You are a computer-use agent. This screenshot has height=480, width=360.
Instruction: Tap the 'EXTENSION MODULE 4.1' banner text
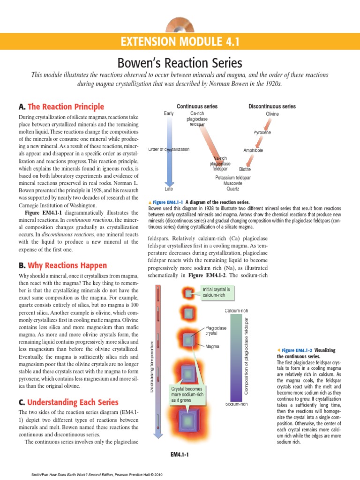pos(180,43)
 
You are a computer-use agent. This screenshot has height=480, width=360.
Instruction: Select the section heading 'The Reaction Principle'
pos(66,107)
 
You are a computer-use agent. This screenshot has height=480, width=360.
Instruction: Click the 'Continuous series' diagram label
pos(197,106)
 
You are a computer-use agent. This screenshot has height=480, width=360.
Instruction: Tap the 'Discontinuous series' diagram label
pos(272,106)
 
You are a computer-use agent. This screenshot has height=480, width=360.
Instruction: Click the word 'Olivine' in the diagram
pos(272,114)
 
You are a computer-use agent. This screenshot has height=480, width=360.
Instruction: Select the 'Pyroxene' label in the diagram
pos(262,133)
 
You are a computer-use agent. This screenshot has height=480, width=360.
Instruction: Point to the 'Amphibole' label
pos(253,150)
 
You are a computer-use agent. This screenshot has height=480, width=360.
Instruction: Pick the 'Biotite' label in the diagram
pos(245,169)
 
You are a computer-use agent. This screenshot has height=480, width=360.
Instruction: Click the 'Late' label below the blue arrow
pos(169,189)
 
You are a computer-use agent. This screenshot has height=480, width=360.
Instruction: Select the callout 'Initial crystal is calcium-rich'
pos(215,292)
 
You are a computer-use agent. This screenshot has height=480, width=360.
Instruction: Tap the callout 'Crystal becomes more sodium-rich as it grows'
pos(186,395)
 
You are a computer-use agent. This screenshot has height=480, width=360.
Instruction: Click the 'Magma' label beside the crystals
pos(213,347)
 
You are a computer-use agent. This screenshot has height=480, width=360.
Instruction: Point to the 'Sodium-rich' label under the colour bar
pos(237,404)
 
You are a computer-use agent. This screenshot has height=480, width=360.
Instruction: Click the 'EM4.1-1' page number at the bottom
pos(180,454)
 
